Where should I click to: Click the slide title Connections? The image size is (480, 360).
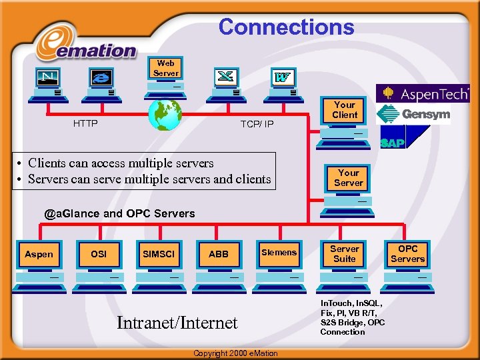[286, 27]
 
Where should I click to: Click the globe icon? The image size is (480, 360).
[165, 114]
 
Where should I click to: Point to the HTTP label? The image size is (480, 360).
[85, 123]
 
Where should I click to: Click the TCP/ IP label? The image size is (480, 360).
[257, 124]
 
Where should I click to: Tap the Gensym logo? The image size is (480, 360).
[413, 115]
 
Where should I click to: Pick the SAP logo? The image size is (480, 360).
[393, 141]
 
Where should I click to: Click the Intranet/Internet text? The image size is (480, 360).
[177, 323]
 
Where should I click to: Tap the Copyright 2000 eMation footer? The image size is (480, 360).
[235, 353]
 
